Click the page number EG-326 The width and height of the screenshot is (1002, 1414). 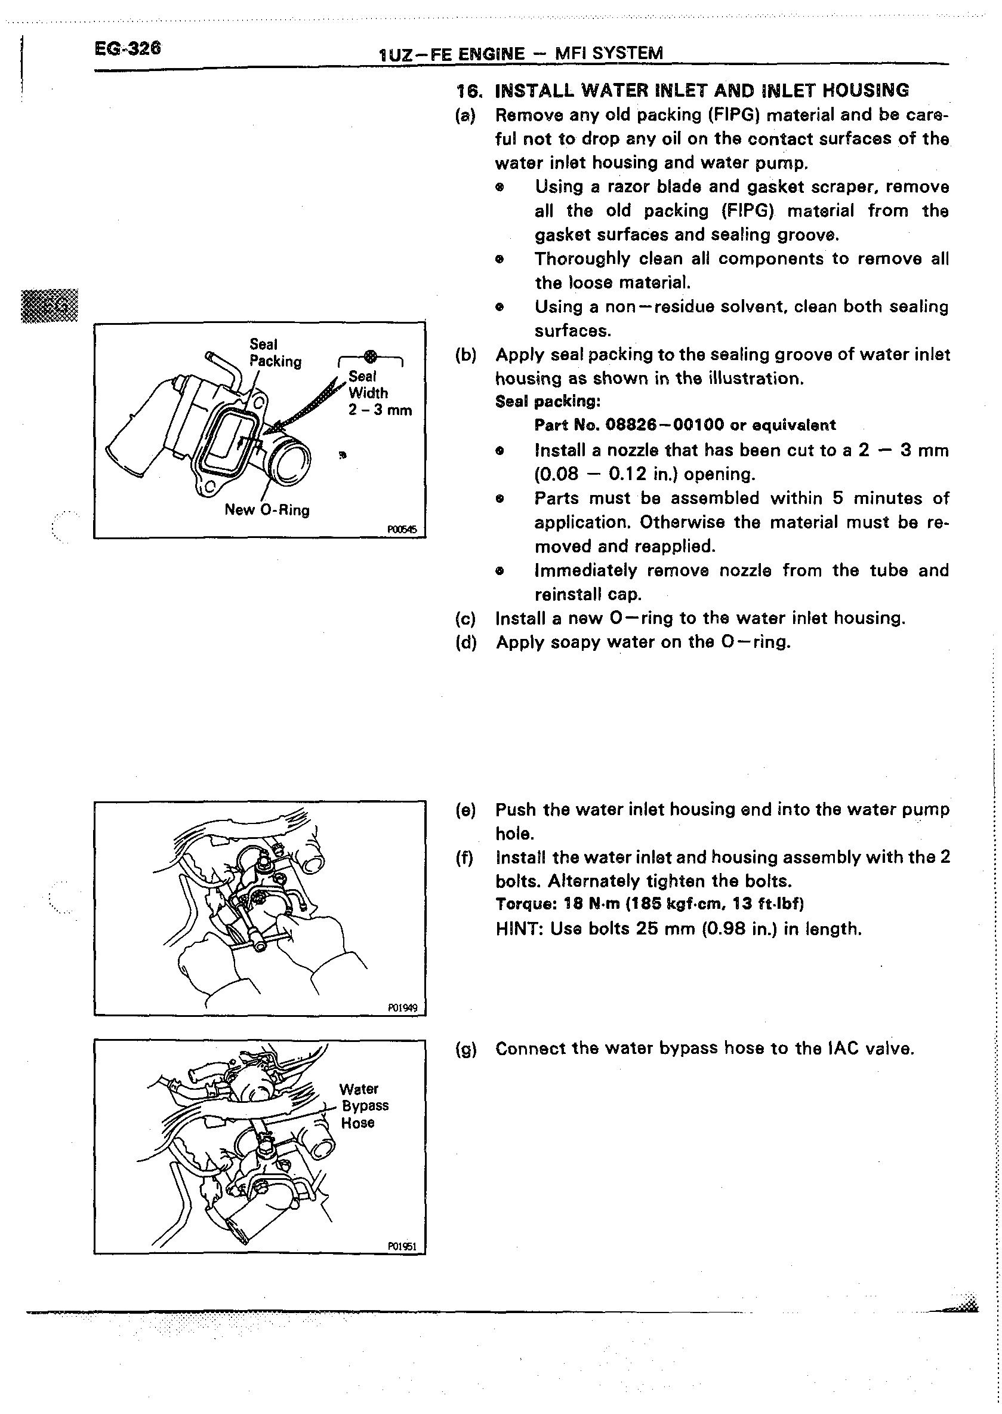click(x=128, y=48)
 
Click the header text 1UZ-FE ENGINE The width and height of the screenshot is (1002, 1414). click(x=451, y=54)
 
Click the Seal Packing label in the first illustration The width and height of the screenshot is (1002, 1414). click(x=275, y=353)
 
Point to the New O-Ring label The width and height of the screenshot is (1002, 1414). click(x=267, y=510)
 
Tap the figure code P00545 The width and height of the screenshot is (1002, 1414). click(x=402, y=529)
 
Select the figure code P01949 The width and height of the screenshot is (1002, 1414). click(x=402, y=1008)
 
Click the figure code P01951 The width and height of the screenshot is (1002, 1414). click(x=402, y=1246)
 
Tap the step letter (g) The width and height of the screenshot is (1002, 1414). click(x=466, y=1049)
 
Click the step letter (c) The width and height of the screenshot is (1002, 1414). click(x=466, y=619)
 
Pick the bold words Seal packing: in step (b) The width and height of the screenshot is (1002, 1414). click(x=547, y=402)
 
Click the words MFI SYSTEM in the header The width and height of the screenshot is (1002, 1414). click(x=609, y=54)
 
